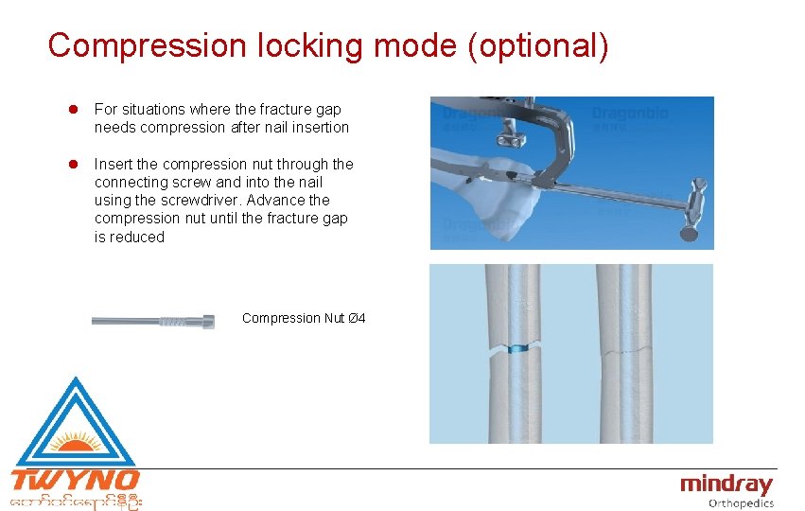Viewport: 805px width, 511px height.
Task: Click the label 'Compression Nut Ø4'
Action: [x=304, y=318]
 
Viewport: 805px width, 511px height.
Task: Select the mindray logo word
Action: [x=726, y=485]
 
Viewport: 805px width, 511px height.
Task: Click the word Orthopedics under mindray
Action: [x=741, y=503]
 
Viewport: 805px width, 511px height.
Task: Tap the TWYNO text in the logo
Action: [x=75, y=480]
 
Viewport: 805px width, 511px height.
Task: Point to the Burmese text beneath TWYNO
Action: [x=75, y=500]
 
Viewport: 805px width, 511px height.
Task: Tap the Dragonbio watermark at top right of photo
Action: [x=630, y=114]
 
